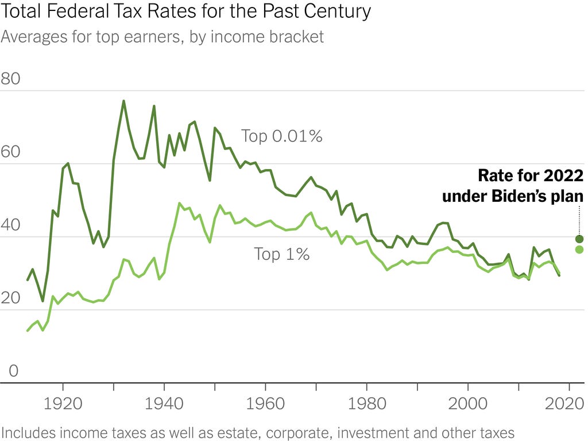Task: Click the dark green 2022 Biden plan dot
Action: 579,239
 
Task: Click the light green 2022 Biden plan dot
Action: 579,249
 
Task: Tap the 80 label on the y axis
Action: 10,79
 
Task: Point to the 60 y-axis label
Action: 10,152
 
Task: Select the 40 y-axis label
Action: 10,225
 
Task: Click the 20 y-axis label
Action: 10,298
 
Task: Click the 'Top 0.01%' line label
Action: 281,136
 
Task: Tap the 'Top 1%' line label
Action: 282,254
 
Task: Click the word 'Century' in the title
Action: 339,11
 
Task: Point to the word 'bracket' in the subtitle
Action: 297,37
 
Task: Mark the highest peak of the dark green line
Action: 123,101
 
